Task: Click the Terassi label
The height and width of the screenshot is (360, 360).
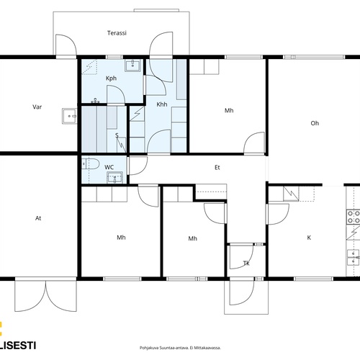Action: (117, 33)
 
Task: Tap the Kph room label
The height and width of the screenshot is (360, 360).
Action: (111, 78)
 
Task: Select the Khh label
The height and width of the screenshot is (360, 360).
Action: (162, 104)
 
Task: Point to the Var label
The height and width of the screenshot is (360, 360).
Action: (37, 107)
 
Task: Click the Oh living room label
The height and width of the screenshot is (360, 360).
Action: (315, 123)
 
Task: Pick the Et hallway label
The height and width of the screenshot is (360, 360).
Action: (217, 168)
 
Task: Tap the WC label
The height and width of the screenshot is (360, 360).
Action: (109, 167)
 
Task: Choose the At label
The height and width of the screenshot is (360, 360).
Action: (38, 218)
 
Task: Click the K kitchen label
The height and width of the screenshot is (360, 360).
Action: (309, 238)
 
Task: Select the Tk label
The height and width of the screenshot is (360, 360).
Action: (246, 264)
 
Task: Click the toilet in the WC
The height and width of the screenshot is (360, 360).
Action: (90, 164)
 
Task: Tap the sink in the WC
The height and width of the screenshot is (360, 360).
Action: (114, 178)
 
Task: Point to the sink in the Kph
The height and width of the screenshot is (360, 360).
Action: (132, 64)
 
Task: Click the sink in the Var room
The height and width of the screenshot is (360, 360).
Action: (70, 116)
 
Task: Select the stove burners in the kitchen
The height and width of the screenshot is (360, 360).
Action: (354, 217)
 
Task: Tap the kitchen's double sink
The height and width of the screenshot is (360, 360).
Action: (354, 257)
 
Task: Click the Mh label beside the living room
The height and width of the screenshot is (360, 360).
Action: (229, 110)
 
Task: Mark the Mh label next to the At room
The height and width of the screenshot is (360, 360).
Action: (121, 238)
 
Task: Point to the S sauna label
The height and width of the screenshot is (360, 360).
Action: (117, 135)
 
